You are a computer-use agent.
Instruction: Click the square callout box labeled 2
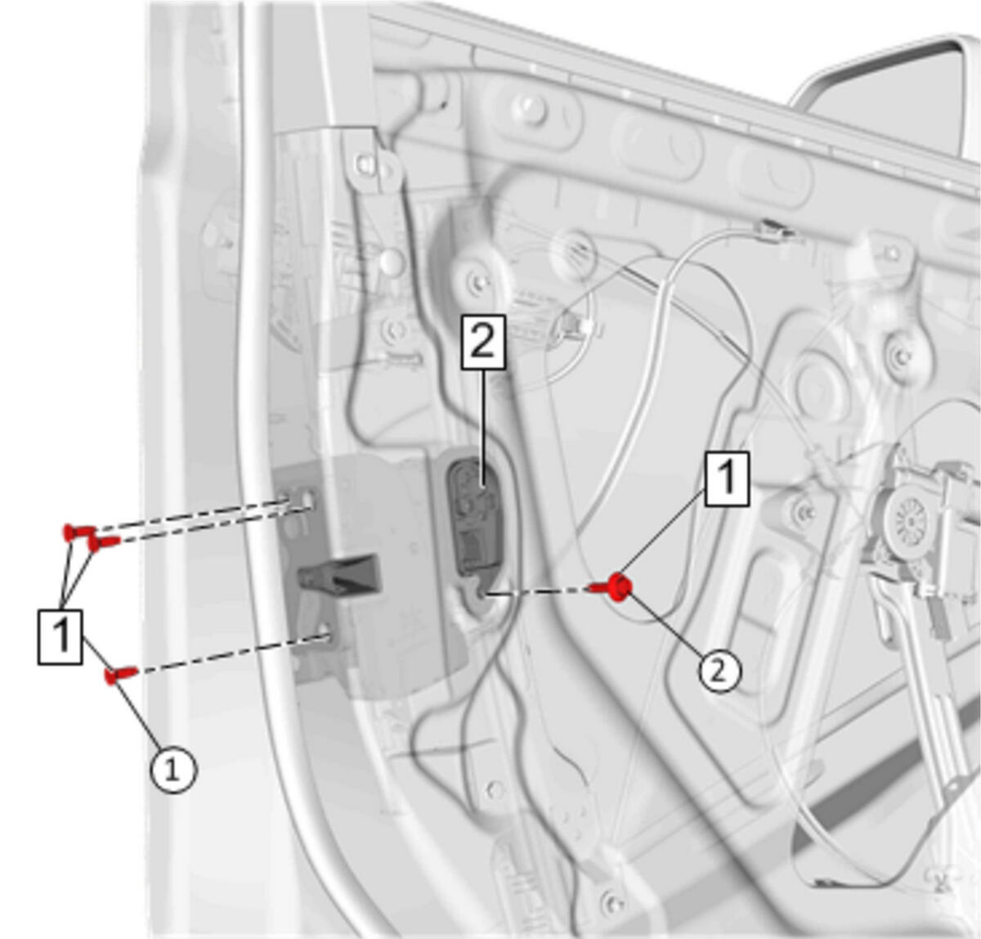483,343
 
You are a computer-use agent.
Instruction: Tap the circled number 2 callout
719,672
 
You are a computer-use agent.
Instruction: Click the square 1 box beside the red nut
727,478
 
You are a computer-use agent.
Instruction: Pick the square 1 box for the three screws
60,636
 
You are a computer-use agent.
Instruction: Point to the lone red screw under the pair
120,674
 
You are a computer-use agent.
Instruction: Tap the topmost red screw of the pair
78,532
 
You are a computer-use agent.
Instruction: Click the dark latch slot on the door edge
340,575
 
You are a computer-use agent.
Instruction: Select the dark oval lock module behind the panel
474,518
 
